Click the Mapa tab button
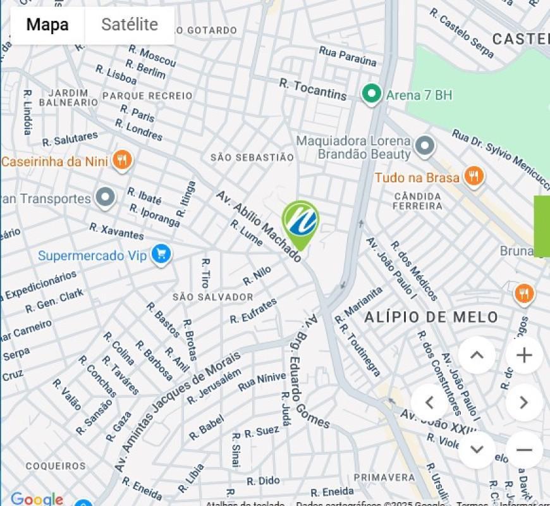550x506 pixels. click(47, 25)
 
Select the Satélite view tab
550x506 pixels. click(130, 25)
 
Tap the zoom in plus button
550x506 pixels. click(524, 355)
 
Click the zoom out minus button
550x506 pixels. click(524, 450)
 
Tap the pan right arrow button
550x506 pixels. click(524, 402)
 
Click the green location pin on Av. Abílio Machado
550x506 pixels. click(300, 223)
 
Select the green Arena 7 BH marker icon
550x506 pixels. click(371, 95)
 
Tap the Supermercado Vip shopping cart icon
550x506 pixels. click(161, 255)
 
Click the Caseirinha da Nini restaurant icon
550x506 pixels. click(122, 161)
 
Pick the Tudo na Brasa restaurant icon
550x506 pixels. click(473, 176)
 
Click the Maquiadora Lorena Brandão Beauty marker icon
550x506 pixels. click(425, 147)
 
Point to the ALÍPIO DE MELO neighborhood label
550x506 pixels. click(431, 318)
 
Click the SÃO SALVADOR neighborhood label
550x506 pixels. click(213, 297)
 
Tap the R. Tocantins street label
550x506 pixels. click(313, 90)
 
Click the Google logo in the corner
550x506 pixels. click(37, 499)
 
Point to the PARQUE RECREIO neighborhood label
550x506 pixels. click(147, 96)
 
